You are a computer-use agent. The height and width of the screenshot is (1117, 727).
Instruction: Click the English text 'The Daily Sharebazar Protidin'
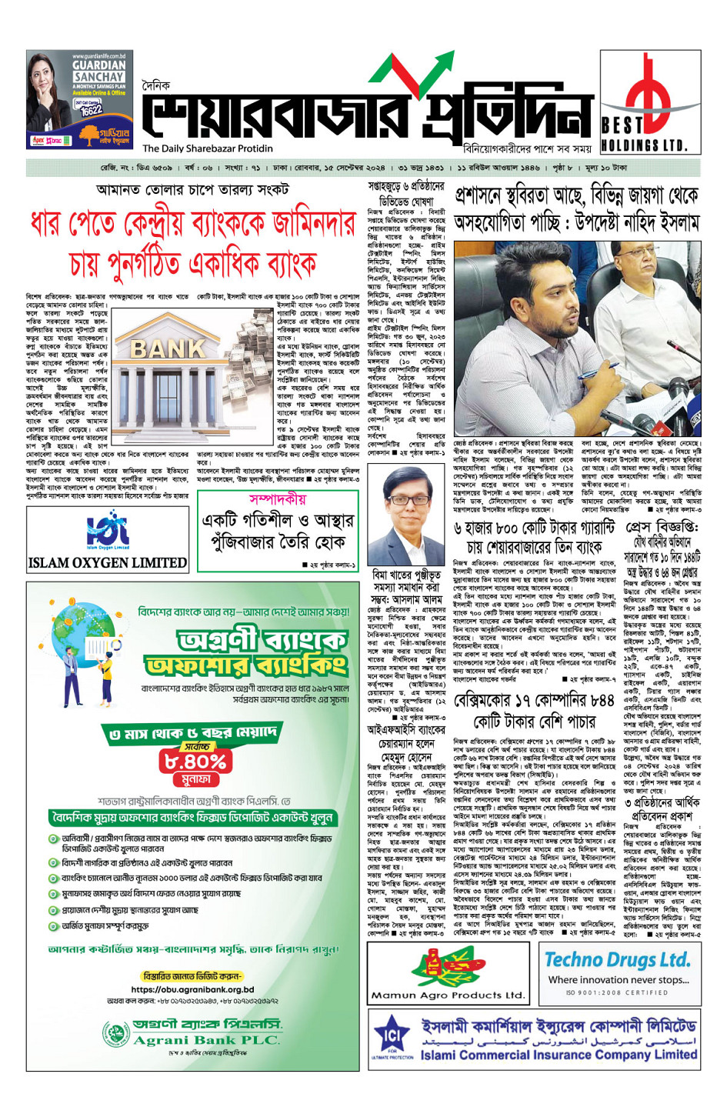[x=208, y=148]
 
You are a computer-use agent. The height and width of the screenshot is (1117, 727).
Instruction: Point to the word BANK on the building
[x=168, y=350]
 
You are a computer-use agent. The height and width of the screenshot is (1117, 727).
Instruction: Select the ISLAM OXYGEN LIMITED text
[x=107, y=563]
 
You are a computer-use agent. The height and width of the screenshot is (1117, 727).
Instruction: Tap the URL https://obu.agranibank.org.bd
[x=192, y=989]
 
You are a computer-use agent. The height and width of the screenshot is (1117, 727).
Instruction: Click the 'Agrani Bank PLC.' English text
[x=206, y=1040]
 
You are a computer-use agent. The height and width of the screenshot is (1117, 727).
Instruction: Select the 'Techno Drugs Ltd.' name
[x=617, y=959]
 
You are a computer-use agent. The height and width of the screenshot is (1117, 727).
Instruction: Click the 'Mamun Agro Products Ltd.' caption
[x=448, y=995]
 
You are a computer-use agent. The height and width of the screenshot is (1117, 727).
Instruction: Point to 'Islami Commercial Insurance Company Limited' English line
[x=559, y=1055]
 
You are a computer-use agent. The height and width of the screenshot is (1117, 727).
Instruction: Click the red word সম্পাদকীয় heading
[x=278, y=498]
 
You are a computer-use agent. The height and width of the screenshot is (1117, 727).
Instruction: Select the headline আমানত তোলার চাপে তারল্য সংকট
[x=192, y=189]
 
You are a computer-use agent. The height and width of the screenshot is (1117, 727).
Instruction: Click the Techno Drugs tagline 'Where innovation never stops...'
[x=619, y=979]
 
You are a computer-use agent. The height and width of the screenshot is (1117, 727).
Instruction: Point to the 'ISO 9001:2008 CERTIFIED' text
[x=617, y=992]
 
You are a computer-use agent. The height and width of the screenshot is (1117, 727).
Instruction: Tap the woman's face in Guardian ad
[x=46, y=77]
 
